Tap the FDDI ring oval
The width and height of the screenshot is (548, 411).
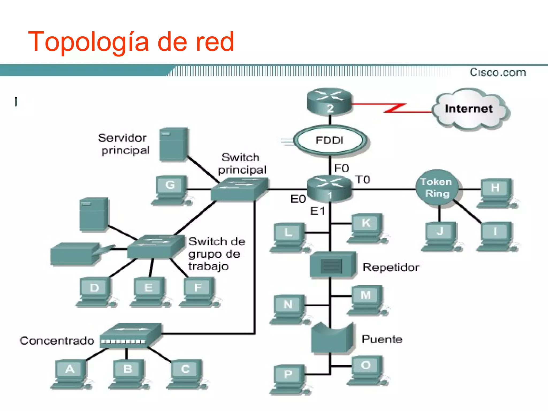click(x=330, y=140)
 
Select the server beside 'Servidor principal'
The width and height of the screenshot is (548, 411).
click(x=173, y=144)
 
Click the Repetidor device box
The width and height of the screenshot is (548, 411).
click(x=332, y=265)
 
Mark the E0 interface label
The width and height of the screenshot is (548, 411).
click(x=298, y=199)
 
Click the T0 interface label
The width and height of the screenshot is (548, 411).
click(x=363, y=180)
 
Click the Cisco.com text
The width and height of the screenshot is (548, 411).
click(x=498, y=73)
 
